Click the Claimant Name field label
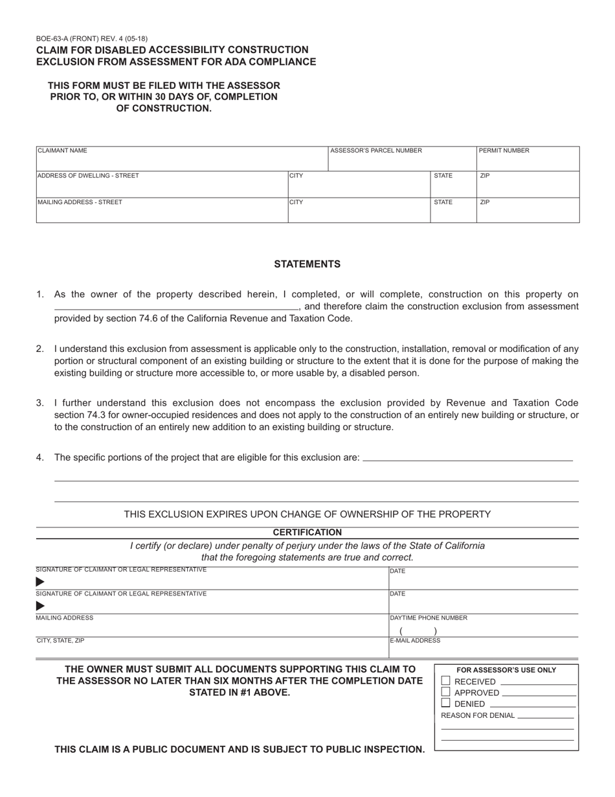pyautogui.click(x=62, y=150)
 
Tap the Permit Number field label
pyautogui.click(x=504, y=150)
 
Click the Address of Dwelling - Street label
pyautogui.click(x=88, y=176)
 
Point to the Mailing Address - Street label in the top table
pyautogui.click(x=80, y=202)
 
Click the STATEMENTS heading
pyautogui.click(x=307, y=264)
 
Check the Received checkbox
pyautogui.click(x=445, y=681)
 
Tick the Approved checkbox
pyautogui.click(x=445, y=692)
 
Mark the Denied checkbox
pyautogui.click(x=445, y=703)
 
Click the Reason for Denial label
pyautogui.click(x=478, y=715)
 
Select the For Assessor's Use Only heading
pyautogui.click(x=506, y=670)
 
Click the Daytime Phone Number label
pyautogui.click(x=429, y=618)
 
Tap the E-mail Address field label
pyautogui.click(x=415, y=640)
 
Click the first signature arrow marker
pyautogui.click(x=40, y=581)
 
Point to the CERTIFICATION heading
pyautogui.click(x=307, y=533)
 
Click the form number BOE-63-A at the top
pyautogui.click(x=55, y=39)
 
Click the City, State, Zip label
pyautogui.click(x=60, y=640)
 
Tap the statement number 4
pyautogui.click(x=40, y=457)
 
